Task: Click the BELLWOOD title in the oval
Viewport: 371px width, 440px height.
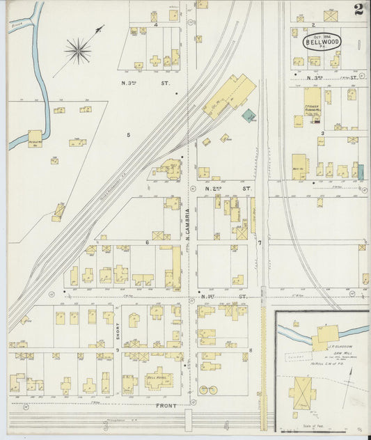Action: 322,43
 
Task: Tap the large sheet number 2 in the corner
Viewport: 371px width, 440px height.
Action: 358,10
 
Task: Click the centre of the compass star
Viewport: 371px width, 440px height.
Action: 77,50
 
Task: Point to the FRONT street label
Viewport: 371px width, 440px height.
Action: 166,404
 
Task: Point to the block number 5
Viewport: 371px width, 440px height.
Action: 128,134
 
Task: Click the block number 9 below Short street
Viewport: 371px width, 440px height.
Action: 118,349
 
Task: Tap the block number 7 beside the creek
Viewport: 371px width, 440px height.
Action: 260,242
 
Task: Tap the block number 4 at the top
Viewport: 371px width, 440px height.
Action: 155,24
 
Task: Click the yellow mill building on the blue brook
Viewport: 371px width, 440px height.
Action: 34,137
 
